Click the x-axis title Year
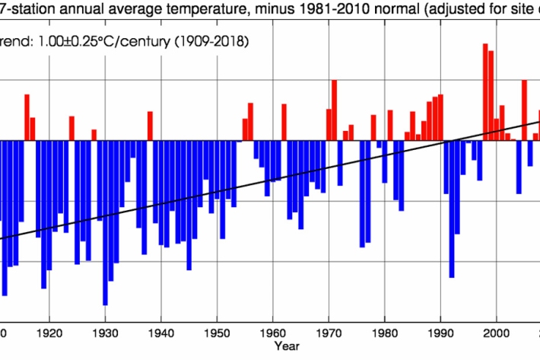pos(287,347)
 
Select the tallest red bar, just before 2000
pos(485,91)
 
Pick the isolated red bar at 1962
pos(284,122)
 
